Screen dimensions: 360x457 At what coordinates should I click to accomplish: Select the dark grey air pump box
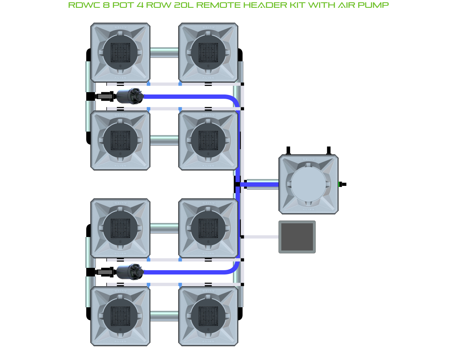[x=297, y=237]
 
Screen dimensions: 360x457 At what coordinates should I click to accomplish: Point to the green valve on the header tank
[x=340, y=184]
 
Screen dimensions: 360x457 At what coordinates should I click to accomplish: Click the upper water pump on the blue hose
[x=129, y=96]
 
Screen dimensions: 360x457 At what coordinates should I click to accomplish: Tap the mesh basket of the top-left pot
[x=120, y=52]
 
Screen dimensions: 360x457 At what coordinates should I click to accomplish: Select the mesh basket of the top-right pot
[x=208, y=52]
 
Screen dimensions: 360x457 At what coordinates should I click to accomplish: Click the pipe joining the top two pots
[x=164, y=52]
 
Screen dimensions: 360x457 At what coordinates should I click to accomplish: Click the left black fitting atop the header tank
[x=288, y=150]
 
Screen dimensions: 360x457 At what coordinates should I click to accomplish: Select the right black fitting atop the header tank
[x=329, y=150]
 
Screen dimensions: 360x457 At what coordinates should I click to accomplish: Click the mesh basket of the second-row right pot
[x=208, y=140]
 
